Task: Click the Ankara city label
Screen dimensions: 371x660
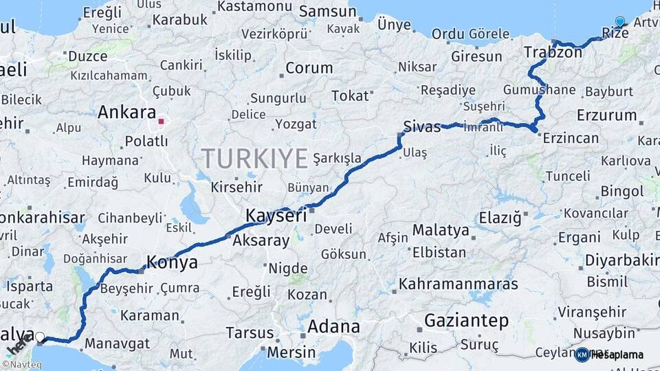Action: coord(126,112)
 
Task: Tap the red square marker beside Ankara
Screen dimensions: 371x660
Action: coord(161,122)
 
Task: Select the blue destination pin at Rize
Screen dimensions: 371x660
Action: coord(620,22)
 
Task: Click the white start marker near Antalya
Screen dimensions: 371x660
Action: coord(40,337)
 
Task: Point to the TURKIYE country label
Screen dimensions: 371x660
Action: coord(254,159)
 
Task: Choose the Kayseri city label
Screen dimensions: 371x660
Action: coord(276,216)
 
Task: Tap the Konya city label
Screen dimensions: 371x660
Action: coord(172,262)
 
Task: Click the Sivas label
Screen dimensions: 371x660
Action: coord(421,126)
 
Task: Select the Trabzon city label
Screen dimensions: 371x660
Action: coord(543,52)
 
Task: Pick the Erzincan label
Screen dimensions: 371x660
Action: coord(571,138)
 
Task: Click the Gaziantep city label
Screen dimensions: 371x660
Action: coord(466,320)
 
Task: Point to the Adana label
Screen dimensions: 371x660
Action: coord(333,326)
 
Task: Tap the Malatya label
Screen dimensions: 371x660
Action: coord(441,229)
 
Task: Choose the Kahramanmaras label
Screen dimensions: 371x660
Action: coord(459,283)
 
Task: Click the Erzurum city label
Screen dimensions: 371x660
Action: coord(606,115)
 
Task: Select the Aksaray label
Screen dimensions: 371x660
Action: coord(261,240)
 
